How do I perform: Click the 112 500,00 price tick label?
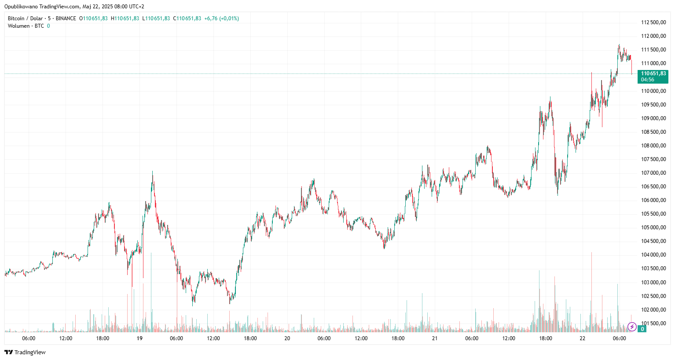click(x=653, y=22)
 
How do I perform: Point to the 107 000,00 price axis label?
click(x=653, y=173)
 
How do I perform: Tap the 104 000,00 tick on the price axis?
click(x=653, y=255)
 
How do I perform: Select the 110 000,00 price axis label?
click(x=653, y=91)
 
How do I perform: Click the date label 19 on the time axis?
click(x=139, y=338)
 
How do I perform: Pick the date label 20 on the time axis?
click(x=287, y=338)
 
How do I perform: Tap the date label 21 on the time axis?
click(x=435, y=338)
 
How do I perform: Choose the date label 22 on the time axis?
click(x=582, y=338)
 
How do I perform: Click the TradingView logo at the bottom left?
click(x=25, y=352)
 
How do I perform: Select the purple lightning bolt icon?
click(x=632, y=327)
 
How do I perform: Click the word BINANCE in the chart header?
click(x=66, y=18)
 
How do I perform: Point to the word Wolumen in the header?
click(x=19, y=26)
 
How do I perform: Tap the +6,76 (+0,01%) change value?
click(x=221, y=18)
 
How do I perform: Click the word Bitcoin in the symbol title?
click(x=16, y=18)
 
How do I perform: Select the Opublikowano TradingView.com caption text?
click(x=42, y=7)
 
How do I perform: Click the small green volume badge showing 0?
click(x=642, y=329)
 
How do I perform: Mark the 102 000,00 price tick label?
click(x=653, y=310)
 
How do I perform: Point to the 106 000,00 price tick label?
click(x=653, y=200)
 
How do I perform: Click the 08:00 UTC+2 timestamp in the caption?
click(x=129, y=7)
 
